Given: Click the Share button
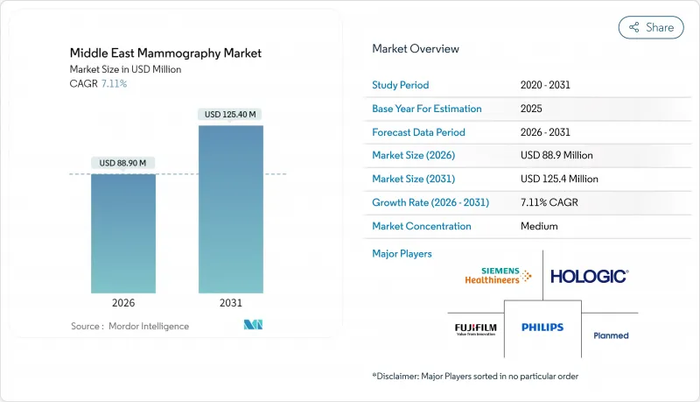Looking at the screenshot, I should (x=651, y=27).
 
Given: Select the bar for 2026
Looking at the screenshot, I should (x=123, y=233).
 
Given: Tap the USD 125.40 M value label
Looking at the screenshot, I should (x=230, y=114).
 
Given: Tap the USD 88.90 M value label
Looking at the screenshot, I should (x=122, y=163).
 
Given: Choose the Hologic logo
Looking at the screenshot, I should (x=589, y=276).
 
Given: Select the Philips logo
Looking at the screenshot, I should (x=542, y=328).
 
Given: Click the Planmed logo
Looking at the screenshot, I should (x=611, y=335).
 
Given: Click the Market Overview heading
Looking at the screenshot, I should (x=416, y=49).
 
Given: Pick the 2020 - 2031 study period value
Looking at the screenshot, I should (x=544, y=86).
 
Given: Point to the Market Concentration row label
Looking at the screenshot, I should (x=422, y=226).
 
